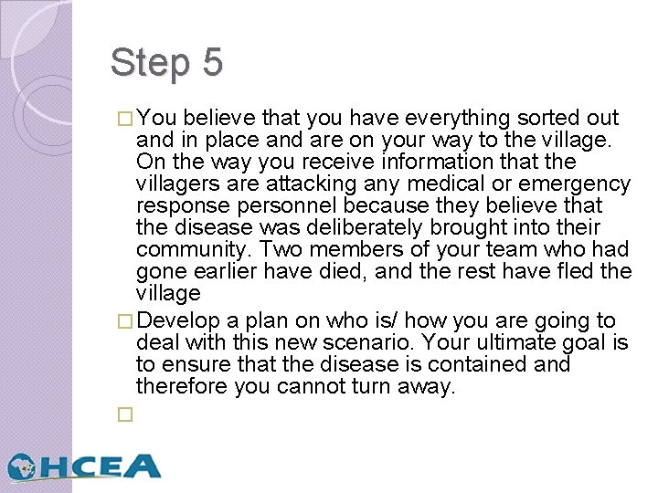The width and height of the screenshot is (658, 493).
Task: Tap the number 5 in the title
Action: pos(211,62)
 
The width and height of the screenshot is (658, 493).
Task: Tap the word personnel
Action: pos(287,206)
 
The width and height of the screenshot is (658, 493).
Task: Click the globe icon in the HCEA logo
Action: pos(23,467)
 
